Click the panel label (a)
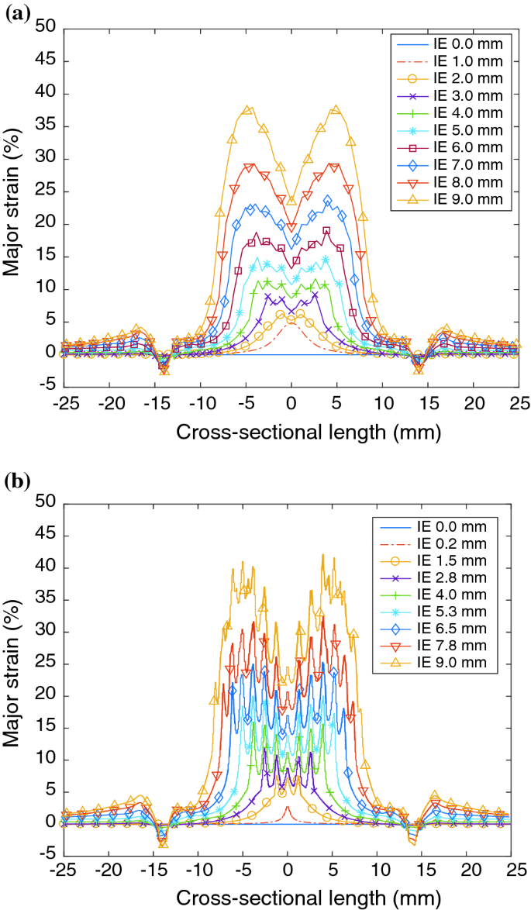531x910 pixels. tap(18, 12)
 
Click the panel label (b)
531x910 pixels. tap(18, 482)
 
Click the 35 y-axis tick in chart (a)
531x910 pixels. tap(48, 126)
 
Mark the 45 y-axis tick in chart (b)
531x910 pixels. tap(48, 535)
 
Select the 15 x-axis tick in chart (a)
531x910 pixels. tap(428, 404)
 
